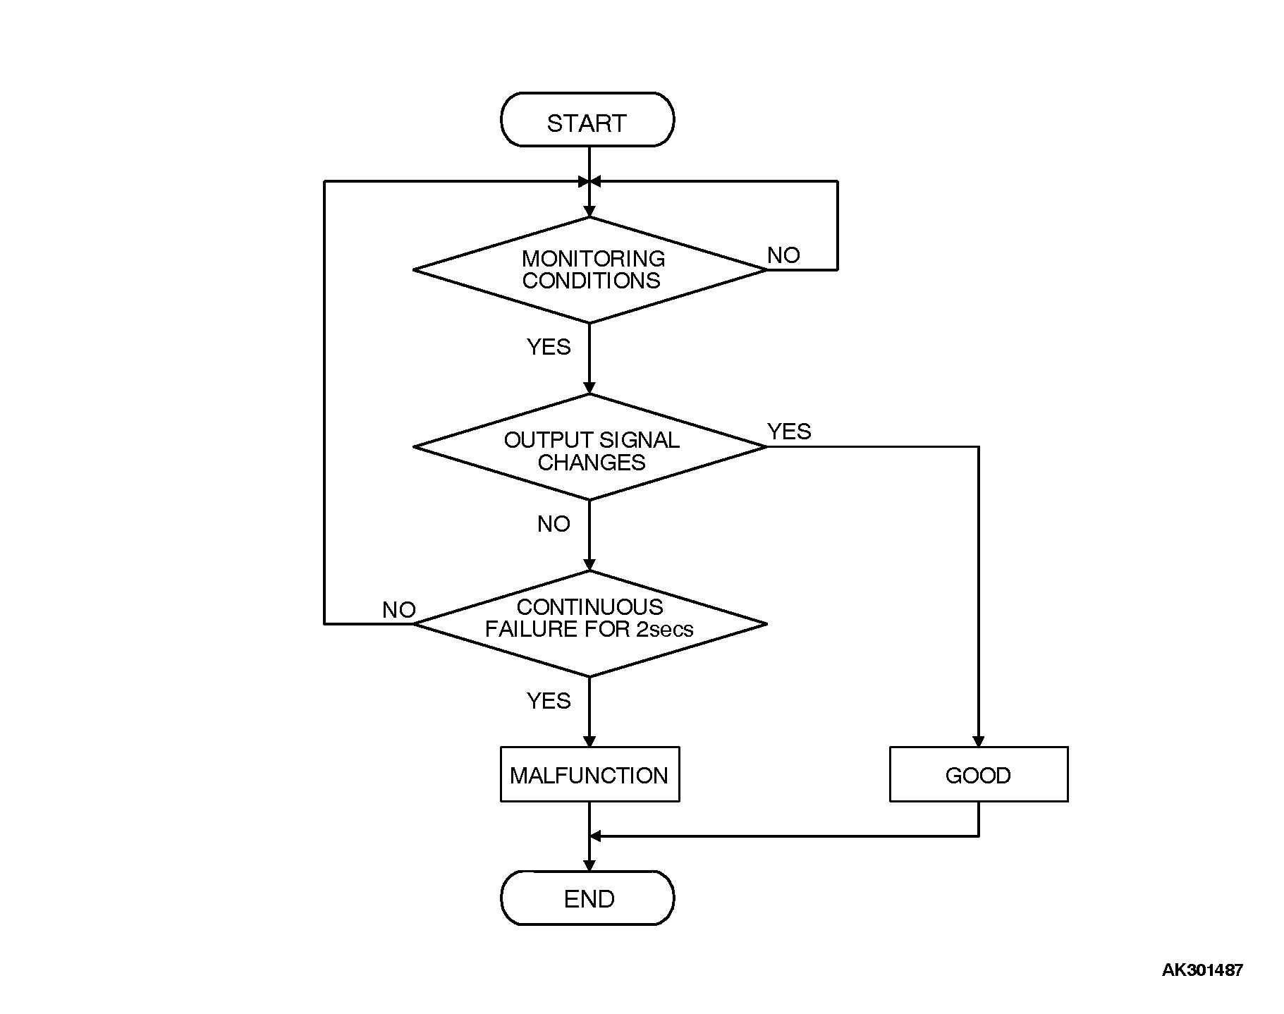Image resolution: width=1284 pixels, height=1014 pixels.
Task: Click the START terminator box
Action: pos(587,120)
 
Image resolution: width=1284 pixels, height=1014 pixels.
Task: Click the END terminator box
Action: pos(587,898)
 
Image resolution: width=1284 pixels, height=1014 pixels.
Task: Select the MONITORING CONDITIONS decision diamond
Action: pos(589,270)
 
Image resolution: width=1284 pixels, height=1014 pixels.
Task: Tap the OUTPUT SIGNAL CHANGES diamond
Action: pos(589,447)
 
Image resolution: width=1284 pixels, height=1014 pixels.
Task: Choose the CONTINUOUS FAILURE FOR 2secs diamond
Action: pos(589,624)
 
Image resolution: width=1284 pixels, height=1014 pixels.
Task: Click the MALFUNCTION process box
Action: pos(589,774)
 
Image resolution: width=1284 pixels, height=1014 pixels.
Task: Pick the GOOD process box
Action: pos(978,774)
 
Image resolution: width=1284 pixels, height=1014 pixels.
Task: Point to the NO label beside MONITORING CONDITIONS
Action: pos(783,255)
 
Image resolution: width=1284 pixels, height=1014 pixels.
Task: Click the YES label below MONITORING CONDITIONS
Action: pos(549,347)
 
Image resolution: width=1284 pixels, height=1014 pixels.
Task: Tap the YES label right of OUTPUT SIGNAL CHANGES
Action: pos(789,432)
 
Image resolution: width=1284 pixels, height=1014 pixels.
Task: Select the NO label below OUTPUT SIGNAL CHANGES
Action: pos(554,524)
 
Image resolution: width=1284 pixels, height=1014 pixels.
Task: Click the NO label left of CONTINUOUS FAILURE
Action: pos(399,610)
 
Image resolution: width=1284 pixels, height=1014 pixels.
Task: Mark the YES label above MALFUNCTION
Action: pos(549,701)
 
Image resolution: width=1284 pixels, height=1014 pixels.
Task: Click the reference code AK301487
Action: pos(1202,970)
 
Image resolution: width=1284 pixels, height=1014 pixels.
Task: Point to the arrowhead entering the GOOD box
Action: pos(978,742)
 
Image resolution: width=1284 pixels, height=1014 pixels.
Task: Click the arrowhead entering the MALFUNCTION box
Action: pos(589,742)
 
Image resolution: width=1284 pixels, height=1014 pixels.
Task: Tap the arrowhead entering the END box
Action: pos(589,865)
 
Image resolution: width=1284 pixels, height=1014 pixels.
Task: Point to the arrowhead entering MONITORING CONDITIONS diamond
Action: pos(589,212)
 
